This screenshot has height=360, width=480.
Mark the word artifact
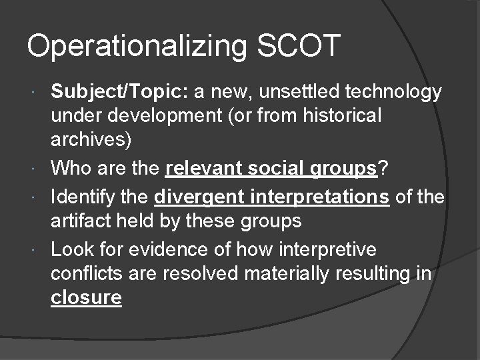click(x=80, y=220)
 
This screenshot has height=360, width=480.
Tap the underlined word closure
click(x=86, y=297)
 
